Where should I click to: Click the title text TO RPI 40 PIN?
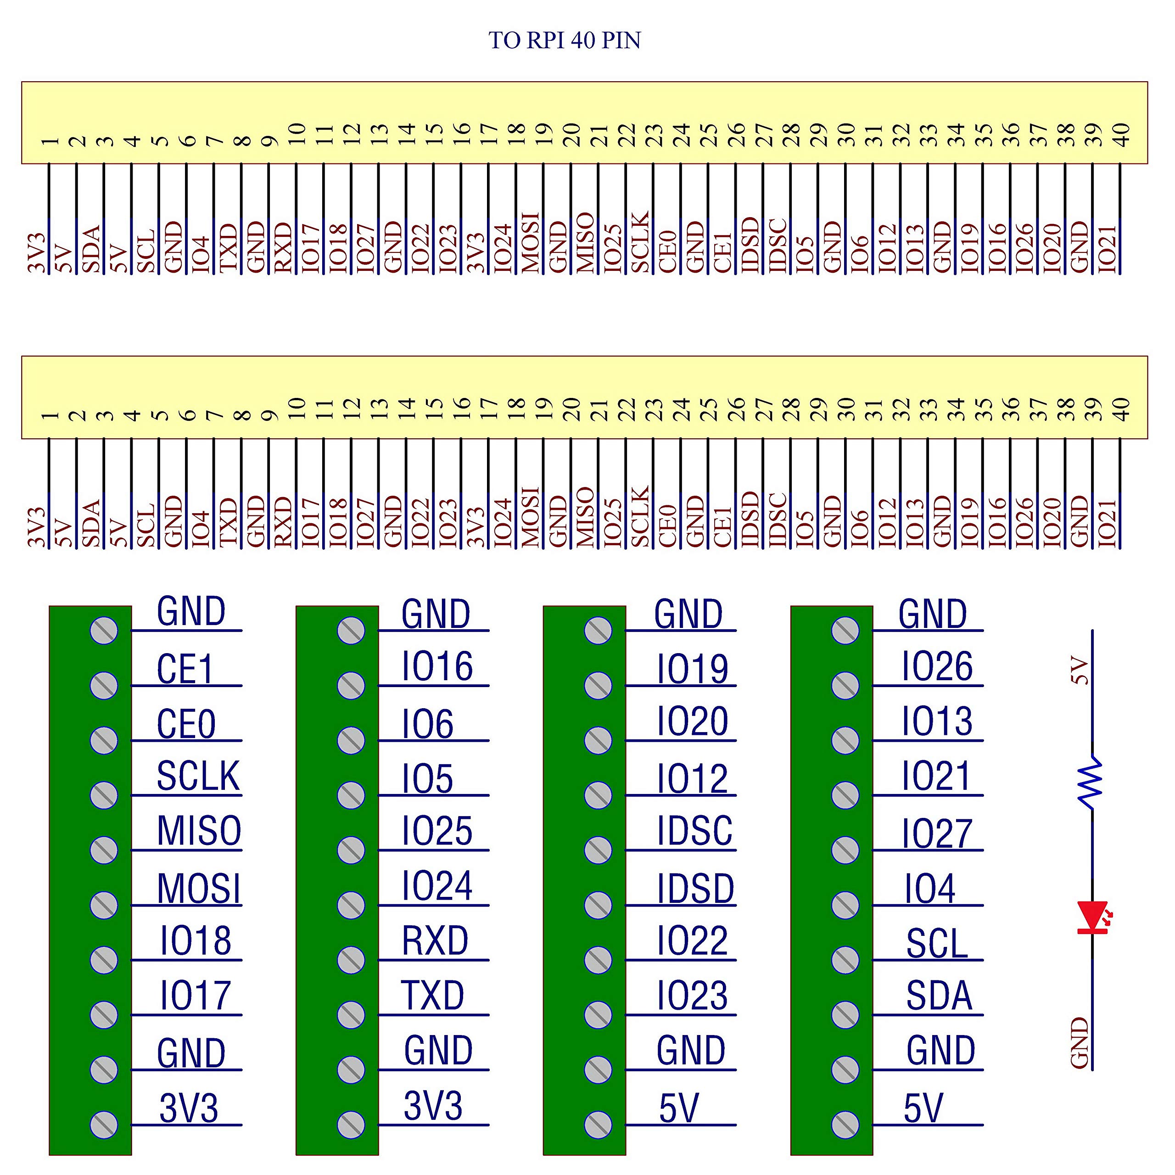[565, 40]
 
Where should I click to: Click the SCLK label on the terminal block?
[198, 776]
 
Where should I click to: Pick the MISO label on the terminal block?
[199, 831]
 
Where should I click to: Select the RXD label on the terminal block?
[435, 941]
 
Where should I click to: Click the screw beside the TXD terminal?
[351, 1014]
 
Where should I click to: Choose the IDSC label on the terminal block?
[694, 831]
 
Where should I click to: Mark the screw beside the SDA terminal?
[845, 1014]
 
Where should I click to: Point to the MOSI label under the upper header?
[530, 242]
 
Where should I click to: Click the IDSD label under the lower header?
[750, 519]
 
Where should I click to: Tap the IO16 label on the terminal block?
[436, 666]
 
